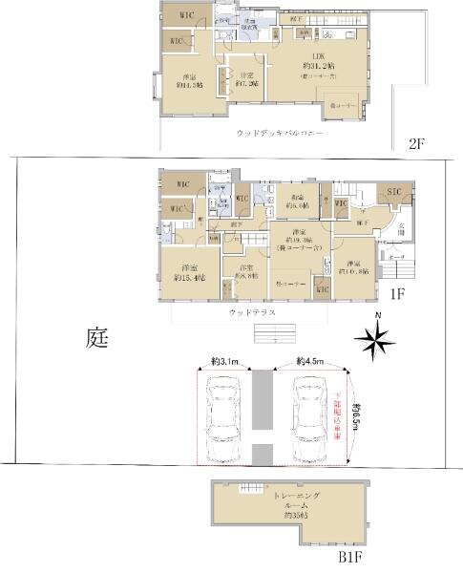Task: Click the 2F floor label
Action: (x=415, y=143)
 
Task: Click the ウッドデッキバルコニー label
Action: (x=280, y=135)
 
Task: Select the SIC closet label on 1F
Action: (x=395, y=193)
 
